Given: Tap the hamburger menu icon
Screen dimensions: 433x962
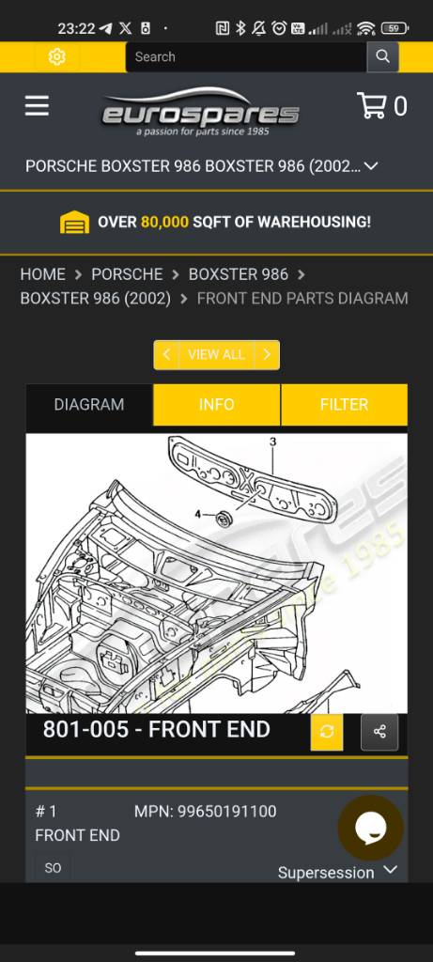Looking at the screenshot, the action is tap(37, 106).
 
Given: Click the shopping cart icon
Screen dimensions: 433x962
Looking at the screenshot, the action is tap(372, 105).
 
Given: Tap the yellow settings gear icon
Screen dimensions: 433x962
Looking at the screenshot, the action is tap(57, 57).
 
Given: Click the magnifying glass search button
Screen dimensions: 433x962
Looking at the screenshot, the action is tap(382, 57).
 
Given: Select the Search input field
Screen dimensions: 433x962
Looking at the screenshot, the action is tap(246, 57).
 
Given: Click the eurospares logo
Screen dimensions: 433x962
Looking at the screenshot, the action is tap(201, 112).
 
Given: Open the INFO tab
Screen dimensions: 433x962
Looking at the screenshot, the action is tap(216, 404).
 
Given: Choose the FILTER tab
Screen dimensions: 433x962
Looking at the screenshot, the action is tap(344, 404).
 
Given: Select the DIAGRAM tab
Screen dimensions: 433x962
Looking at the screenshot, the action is tap(89, 404).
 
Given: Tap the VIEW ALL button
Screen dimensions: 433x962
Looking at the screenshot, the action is tap(216, 354).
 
